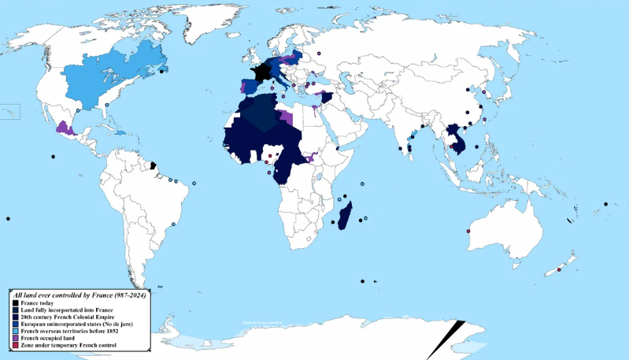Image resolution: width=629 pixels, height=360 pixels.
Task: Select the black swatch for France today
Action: (x=15, y=302)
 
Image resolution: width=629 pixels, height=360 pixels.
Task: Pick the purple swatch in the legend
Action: (x=15, y=337)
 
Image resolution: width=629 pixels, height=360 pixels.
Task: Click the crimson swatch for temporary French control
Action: (x=15, y=344)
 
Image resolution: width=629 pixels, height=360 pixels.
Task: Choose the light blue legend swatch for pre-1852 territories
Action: (x=15, y=330)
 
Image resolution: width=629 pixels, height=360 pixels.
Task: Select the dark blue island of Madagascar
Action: (x=345, y=214)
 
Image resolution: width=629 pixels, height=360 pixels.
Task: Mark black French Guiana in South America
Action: (x=154, y=166)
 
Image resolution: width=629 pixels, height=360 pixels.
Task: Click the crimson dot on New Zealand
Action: (x=559, y=270)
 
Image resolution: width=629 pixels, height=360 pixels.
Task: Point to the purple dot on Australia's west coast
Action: (x=468, y=231)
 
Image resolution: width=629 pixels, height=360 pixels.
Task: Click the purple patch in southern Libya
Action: (x=287, y=119)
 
